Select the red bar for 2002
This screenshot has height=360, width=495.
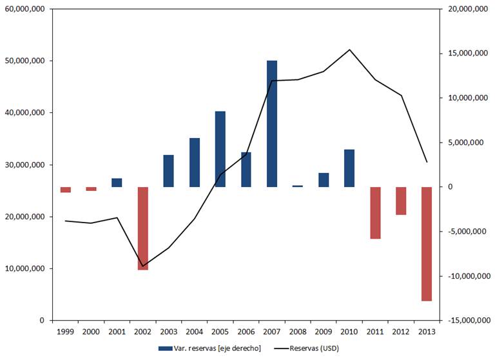[143, 228]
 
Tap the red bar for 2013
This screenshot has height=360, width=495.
[427, 244]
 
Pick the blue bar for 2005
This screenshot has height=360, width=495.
[220, 149]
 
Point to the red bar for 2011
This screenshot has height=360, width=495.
[375, 213]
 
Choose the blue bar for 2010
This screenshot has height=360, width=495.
[349, 168]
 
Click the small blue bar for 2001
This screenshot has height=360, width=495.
[117, 183]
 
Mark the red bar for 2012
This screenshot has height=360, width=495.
[401, 201]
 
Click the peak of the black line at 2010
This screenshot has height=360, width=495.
[349, 50]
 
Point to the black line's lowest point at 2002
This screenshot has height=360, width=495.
[143, 266]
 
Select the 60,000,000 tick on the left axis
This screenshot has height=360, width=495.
[24, 9]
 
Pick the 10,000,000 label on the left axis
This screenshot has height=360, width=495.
[24, 269]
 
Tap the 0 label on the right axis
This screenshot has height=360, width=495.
[449, 187]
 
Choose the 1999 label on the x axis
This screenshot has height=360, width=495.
[64, 332]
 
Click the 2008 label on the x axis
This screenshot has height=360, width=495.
[297, 332]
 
